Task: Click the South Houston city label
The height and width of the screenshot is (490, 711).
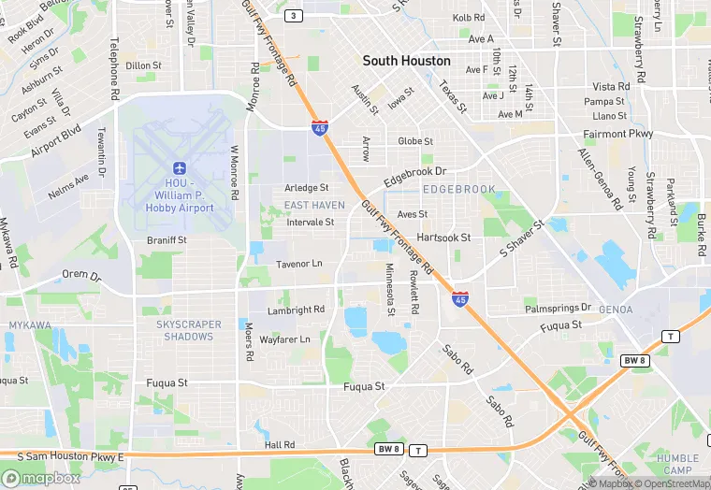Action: pos(406,61)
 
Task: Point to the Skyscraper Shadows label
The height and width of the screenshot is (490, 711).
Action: pos(189,330)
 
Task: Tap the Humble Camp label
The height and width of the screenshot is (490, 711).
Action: pos(678,464)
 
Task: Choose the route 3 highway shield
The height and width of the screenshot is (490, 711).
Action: pos(295,16)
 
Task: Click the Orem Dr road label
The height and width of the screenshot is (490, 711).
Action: pos(80,276)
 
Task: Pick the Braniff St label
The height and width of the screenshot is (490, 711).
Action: pos(167,240)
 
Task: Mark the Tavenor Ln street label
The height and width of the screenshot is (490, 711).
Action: pos(298,265)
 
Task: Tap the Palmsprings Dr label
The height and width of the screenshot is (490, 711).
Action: pos(558,308)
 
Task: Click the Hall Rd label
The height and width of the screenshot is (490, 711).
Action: pos(280,445)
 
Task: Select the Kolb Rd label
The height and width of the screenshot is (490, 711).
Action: pos(469,18)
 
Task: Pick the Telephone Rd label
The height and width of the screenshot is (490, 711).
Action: pos(114,69)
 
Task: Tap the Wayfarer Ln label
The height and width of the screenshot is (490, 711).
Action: pos(284,339)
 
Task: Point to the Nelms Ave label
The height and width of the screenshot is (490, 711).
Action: pos(69,185)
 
